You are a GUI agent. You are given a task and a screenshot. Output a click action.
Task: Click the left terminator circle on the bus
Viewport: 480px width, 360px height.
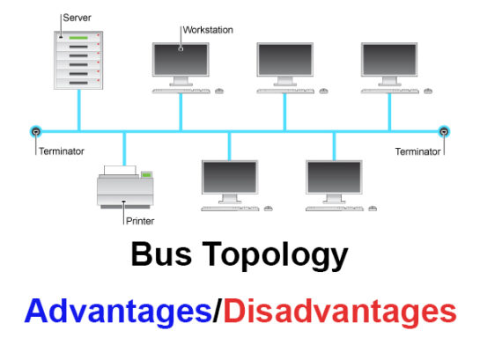35,132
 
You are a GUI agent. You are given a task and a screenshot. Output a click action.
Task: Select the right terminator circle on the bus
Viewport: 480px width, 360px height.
444,132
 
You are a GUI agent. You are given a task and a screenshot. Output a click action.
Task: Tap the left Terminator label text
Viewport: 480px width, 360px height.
61,151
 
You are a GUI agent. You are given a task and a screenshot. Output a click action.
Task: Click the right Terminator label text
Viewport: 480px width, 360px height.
417,151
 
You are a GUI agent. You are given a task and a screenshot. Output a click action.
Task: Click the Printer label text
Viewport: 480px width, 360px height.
140,221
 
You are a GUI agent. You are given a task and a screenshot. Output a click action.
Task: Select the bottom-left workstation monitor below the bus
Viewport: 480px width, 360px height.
230,179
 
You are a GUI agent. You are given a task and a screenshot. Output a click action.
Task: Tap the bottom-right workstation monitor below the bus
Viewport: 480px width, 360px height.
334,179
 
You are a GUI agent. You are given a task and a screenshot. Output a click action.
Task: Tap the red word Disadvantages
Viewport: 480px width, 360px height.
339,311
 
